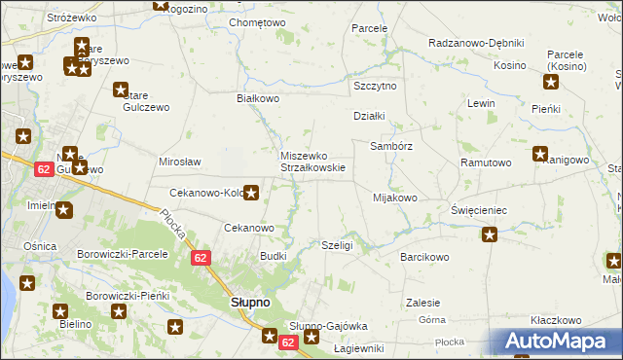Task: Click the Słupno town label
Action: coord(255,303)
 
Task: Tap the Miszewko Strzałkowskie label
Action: coord(306,161)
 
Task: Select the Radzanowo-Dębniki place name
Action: coord(476,44)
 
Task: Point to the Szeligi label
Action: coord(336,246)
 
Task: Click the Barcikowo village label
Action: coord(424,257)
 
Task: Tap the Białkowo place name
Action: coord(258,99)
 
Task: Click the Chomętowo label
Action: coord(257,22)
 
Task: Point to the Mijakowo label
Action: coord(394,198)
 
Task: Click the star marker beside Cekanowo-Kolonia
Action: coord(251,193)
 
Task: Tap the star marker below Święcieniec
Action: coord(490,234)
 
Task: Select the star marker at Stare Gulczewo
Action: coord(122,91)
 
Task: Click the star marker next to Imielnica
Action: coord(64,209)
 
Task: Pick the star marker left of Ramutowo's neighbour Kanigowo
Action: coord(540,154)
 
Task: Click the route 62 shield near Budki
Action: coord(201,258)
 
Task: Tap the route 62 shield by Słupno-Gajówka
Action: coord(287,342)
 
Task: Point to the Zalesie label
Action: coord(423,303)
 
